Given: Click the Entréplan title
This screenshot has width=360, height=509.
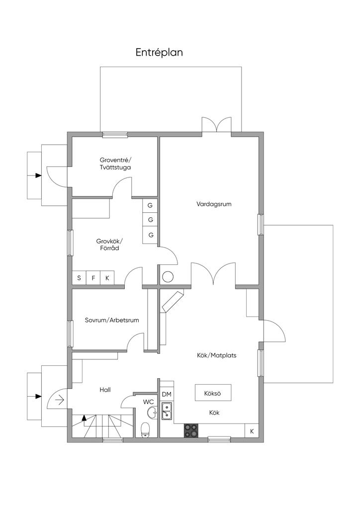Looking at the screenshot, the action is coord(159,53).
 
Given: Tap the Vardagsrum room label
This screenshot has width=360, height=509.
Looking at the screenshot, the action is coord(214,204).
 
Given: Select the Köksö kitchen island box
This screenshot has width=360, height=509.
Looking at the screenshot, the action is coord(213,393).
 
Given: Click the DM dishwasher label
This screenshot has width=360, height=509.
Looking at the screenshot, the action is coord(167,394).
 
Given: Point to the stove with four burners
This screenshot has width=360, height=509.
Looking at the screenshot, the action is coord(191,431).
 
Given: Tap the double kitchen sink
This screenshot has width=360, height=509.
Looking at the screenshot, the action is coord(167,410).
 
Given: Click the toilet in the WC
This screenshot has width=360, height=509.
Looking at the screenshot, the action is coord(145,430).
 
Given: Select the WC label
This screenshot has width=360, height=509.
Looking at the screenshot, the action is coord(148,402).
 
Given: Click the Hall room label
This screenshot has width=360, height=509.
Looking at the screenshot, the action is coord(105,390).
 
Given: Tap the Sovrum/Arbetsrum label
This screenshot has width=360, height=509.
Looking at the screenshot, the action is coord(112,320).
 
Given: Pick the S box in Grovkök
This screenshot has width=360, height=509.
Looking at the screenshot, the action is coord(79,278).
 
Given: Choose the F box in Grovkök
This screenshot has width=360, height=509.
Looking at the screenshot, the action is coord(93,278).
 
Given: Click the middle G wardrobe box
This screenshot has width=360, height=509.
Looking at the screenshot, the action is coord(150,220).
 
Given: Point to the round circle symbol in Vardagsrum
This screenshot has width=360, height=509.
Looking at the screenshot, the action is coord(168,277).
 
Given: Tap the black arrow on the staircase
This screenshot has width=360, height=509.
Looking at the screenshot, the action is coord(84,418).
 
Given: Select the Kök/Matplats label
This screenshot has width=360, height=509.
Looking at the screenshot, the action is coord(216,355).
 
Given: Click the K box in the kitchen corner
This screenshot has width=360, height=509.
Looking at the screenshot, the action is coord(252,431).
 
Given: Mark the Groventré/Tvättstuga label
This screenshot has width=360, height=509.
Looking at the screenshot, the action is coord(115,164).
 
